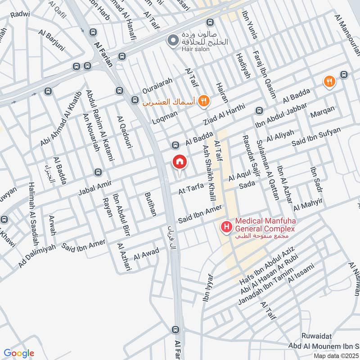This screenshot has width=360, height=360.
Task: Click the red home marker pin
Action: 179,162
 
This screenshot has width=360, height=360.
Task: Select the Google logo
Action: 19,353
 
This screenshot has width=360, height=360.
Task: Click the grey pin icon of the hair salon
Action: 171,41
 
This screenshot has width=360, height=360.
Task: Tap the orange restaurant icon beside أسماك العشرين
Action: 204,101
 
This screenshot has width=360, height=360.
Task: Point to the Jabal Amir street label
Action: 94,186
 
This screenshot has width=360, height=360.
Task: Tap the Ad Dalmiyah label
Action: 37,256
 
